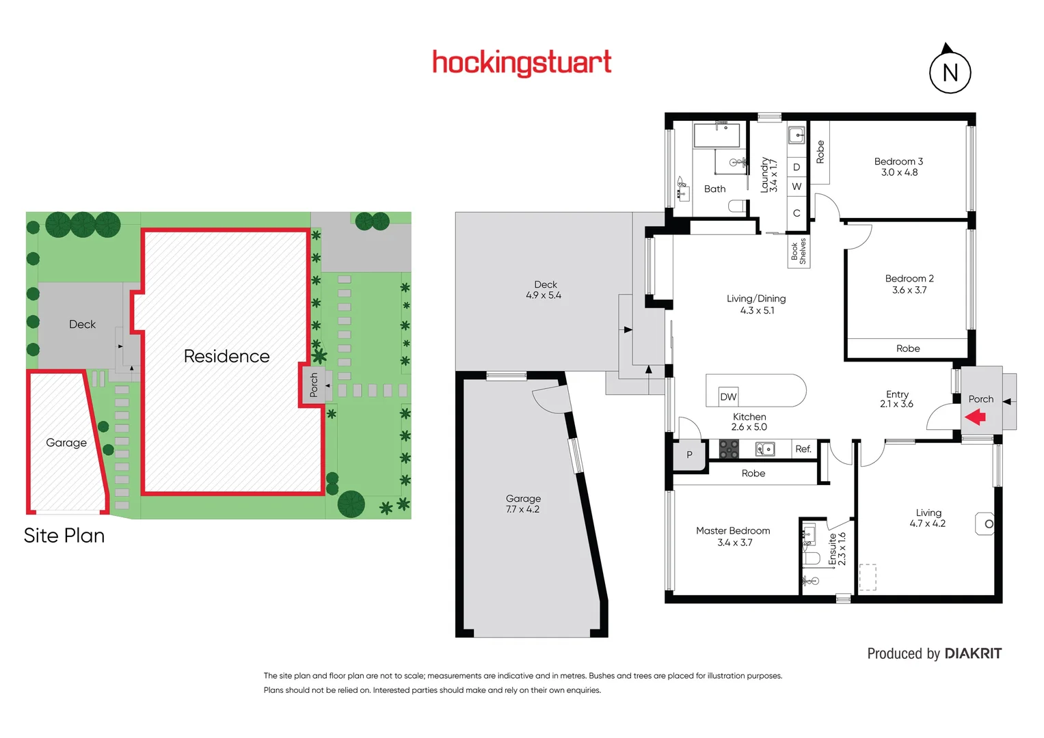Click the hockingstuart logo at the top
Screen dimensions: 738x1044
522,63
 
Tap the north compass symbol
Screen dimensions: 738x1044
950,72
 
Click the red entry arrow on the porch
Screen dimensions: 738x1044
975,416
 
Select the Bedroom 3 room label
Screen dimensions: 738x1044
898,161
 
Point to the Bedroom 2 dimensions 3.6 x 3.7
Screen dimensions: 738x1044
909,290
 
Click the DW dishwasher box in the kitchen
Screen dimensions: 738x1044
728,396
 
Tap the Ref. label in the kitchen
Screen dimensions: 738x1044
803,449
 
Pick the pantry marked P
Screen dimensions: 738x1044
689,454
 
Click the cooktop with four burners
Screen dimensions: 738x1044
729,449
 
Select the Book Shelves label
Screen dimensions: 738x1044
799,251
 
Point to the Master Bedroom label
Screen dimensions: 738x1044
733,530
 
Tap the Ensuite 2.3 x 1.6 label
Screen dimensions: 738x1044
837,549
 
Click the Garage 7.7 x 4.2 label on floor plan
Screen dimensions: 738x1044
523,504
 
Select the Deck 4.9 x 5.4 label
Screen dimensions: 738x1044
544,290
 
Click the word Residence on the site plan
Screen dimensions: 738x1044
226,356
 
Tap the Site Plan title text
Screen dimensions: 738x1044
64,535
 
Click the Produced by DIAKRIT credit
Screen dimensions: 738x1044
934,653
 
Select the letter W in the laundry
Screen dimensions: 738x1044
797,187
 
